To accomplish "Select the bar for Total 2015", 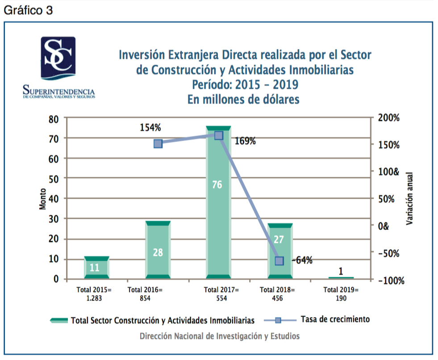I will (x=96, y=268).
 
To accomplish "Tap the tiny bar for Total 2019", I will (x=341, y=278).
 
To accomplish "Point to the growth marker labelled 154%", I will (x=158, y=143).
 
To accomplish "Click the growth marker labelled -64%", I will (x=279, y=261).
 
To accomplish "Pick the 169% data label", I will (x=245, y=141).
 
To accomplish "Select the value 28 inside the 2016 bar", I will (x=158, y=252).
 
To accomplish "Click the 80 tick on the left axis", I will (x=54, y=119).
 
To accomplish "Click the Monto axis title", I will (x=42, y=198).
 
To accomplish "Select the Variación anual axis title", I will (x=409, y=198).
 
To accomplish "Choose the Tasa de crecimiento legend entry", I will (x=335, y=319).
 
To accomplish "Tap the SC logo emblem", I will (x=58, y=57).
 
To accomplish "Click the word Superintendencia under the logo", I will (x=58, y=91).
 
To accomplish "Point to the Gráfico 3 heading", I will (x=28, y=11).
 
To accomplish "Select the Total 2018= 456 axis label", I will (x=278, y=294).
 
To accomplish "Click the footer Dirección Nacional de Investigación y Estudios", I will (x=220, y=336).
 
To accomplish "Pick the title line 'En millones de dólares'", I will (x=243, y=99).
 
